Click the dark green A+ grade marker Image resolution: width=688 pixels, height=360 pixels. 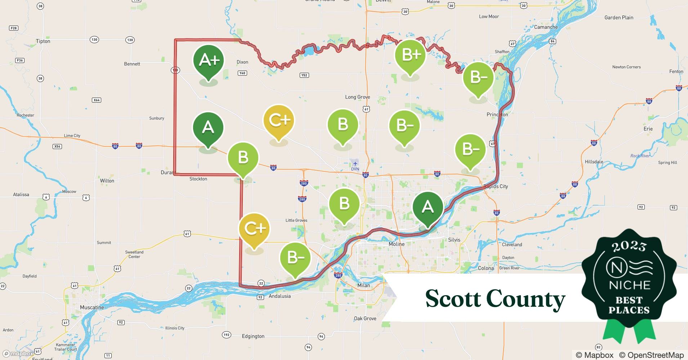pyautogui.click(x=209, y=60)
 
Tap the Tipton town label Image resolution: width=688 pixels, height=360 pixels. pyautogui.click(x=43, y=41)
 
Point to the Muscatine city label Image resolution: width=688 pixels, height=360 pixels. pyautogui.click(x=92, y=307)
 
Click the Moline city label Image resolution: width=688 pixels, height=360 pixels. pyautogui.click(x=396, y=244)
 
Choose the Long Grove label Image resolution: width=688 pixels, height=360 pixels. pyautogui.click(x=357, y=97)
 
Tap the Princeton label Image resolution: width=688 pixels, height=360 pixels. pyautogui.click(x=497, y=114)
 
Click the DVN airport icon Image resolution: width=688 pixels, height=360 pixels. pyautogui.click(x=355, y=164)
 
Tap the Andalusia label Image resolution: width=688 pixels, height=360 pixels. pyautogui.click(x=280, y=296)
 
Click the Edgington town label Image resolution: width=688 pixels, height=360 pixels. pyautogui.click(x=253, y=336)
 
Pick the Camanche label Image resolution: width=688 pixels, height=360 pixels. pyautogui.click(x=546, y=27)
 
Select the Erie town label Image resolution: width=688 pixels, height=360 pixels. pyautogui.click(x=648, y=129)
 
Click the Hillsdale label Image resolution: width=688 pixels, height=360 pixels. pyautogui.click(x=594, y=162)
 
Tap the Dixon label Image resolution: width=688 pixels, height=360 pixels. pyautogui.click(x=242, y=62)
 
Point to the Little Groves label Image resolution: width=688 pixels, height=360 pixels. pyautogui.click(x=296, y=220)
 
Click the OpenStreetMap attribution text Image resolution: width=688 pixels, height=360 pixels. pyautogui.click(x=651, y=355)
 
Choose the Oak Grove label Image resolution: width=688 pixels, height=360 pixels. pyautogui.click(x=365, y=319)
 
